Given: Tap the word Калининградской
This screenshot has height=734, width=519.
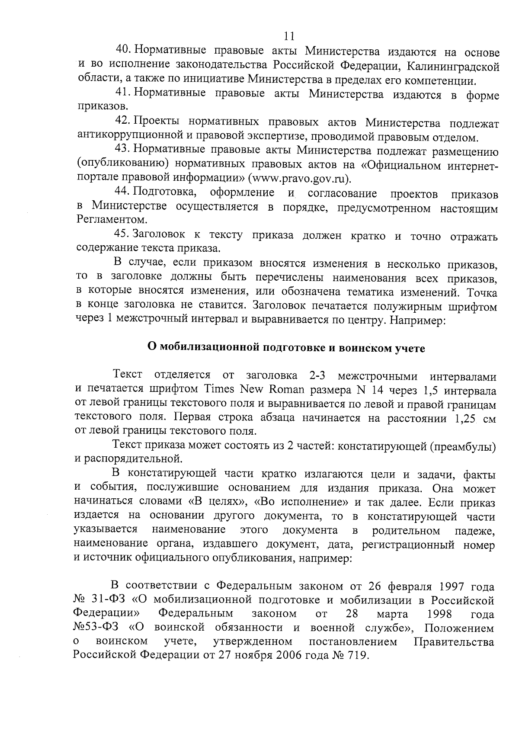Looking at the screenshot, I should pyautogui.click(x=454, y=67).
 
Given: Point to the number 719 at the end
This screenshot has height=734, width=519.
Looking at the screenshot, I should pyautogui.click(x=357, y=655).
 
